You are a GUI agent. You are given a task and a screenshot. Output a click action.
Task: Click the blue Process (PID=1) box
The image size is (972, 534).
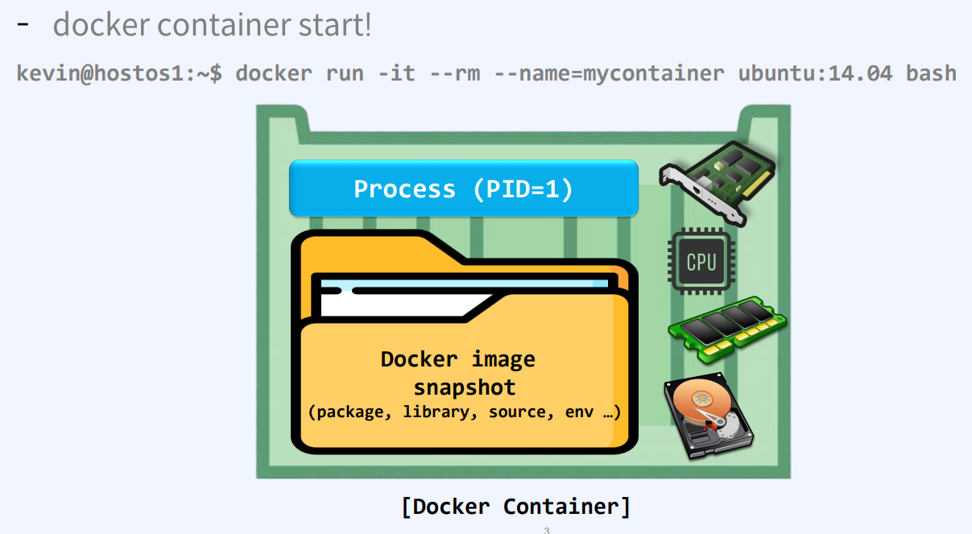click(463, 188)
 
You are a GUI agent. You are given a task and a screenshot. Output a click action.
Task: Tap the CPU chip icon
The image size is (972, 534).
click(701, 262)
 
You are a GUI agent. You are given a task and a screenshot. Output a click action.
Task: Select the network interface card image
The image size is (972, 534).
click(715, 182)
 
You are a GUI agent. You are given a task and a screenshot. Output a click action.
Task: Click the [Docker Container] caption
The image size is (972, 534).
click(515, 507)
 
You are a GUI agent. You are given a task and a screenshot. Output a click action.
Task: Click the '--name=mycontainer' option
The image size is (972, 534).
click(610, 73)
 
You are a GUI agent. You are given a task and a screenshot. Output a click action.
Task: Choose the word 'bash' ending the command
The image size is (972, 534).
click(931, 73)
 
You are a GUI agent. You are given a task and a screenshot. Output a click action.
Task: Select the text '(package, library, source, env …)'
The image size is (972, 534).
click(465, 412)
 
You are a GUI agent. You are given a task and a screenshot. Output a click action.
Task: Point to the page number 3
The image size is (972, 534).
click(547, 530)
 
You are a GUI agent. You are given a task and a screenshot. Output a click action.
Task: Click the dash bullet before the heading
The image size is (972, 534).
click(23, 24)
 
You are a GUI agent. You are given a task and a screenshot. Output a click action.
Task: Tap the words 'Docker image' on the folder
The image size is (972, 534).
click(457, 359)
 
